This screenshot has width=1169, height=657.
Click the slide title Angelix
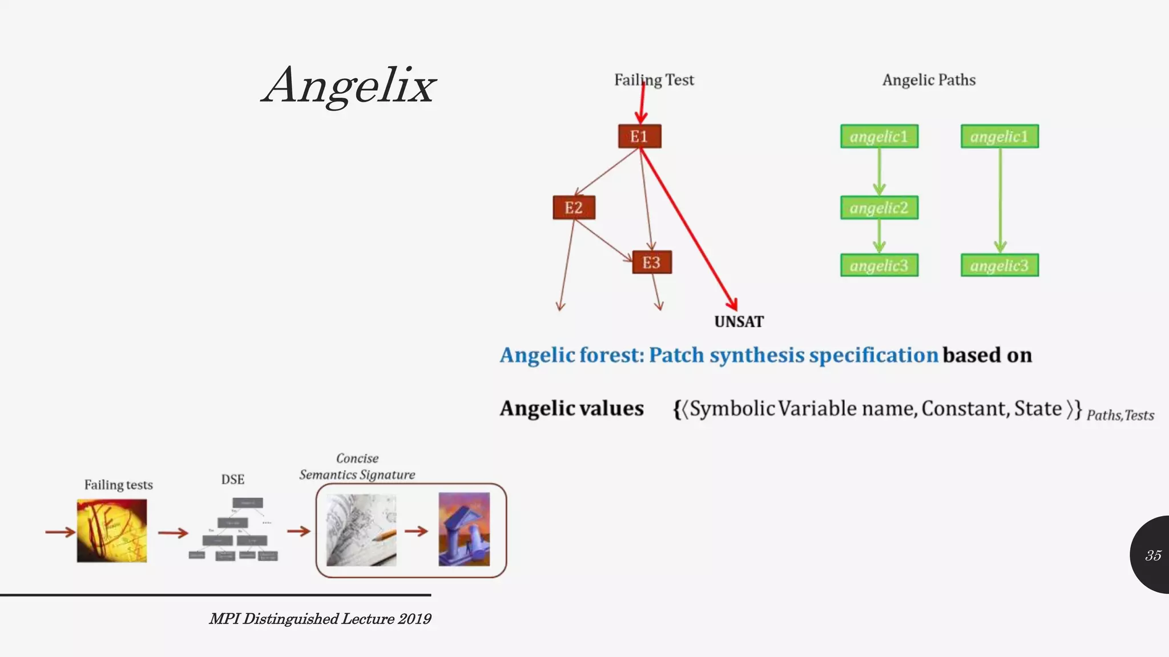pyautogui.click(x=349, y=86)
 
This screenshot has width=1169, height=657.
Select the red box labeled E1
pyautogui.click(x=639, y=136)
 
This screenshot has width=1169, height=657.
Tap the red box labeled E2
pyautogui.click(x=574, y=208)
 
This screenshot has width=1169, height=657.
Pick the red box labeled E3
pyautogui.click(x=651, y=262)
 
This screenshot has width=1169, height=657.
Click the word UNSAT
pyautogui.click(x=739, y=322)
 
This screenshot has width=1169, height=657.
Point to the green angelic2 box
pyautogui.click(x=879, y=208)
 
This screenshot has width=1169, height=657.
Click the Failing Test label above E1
pyautogui.click(x=654, y=80)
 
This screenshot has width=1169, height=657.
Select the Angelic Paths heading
pyautogui.click(x=929, y=80)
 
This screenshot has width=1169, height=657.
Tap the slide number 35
pyautogui.click(x=1152, y=555)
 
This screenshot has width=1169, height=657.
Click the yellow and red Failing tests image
pyautogui.click(x=112, y=530)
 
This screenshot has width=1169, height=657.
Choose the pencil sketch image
pyautogui.click(x=361, y=530)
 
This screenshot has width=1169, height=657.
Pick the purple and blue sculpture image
pyautogui.click(x=464, y=529)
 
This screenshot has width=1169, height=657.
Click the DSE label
pyautogui.click(x=232, y=479)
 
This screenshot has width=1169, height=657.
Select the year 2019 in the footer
pyautogui.click(x=414, y=619)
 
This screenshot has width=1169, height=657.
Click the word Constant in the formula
pyautogui.click(x=964, y=408)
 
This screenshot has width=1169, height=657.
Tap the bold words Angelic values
pyautogui.click(x=571, y=408)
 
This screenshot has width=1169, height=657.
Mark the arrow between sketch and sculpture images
pyautogui.click(x=417, y=532)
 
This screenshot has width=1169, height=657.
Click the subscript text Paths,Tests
pyautogui.click(x=1120, y=415)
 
